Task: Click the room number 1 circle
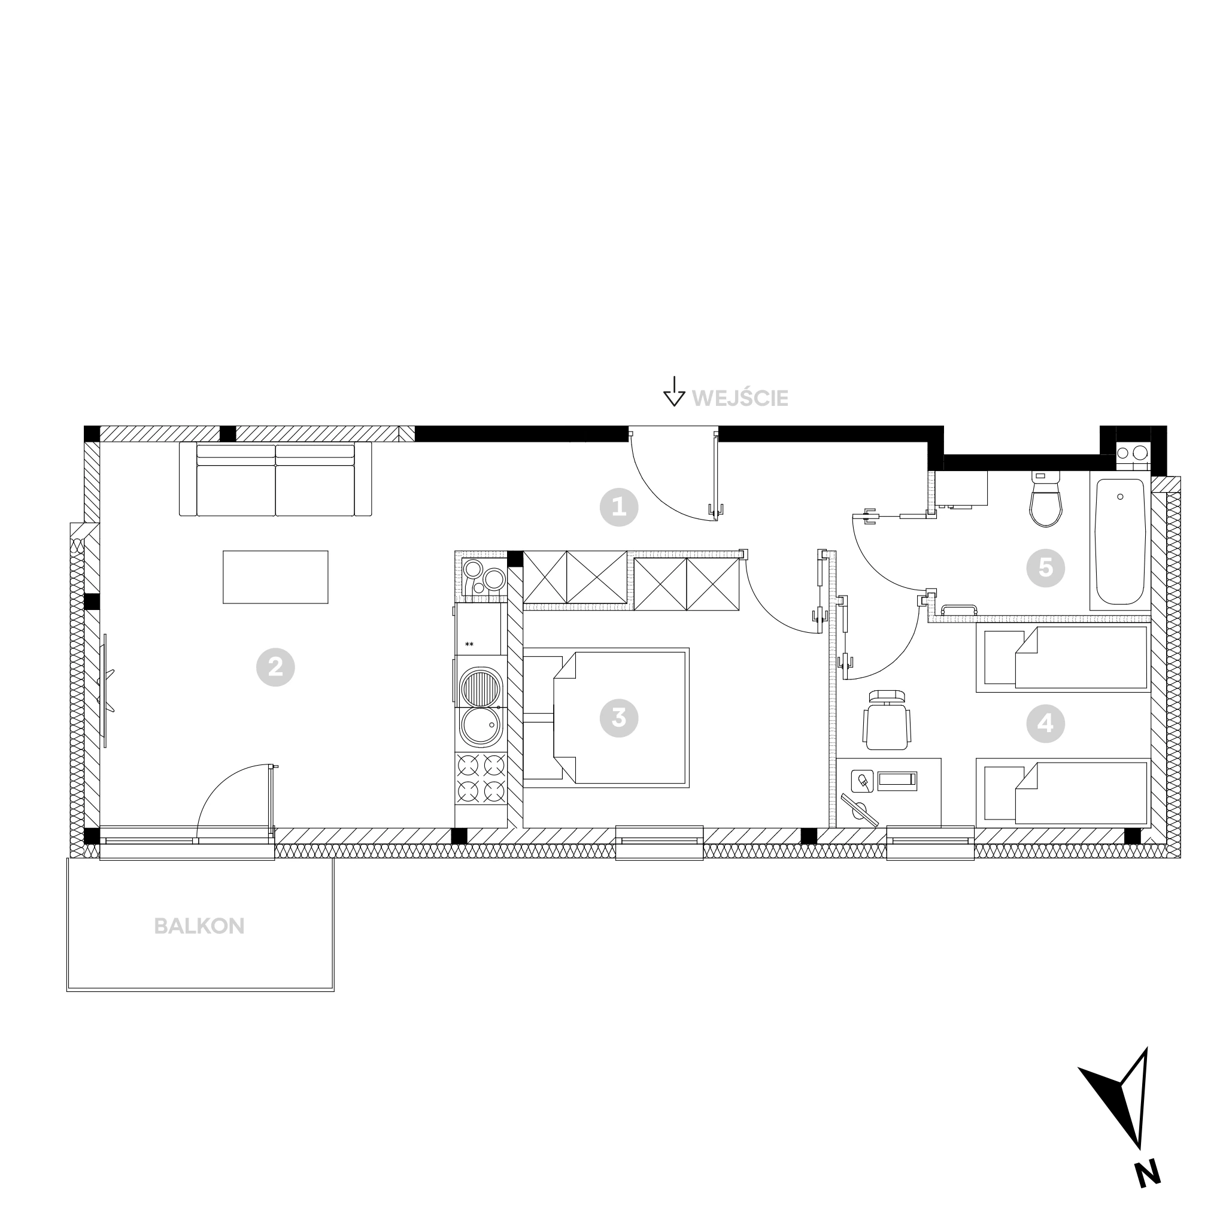tap(619, 507)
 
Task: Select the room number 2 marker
tap(275, 667)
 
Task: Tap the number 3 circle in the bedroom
tap(619, 718)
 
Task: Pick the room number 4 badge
tap(1045, 723)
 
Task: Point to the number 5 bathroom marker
tap(1045, 568)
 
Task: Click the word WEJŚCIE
tap(740, 399)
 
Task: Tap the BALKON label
tap(199, 927)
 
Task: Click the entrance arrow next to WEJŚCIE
tap(674, 391)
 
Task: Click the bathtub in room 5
tap(1120, 541)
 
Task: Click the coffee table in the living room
tap(275, 577)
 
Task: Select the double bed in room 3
tap(606, 718)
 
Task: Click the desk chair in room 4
tap(887, 720)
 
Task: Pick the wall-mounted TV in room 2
tap(105, 690)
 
